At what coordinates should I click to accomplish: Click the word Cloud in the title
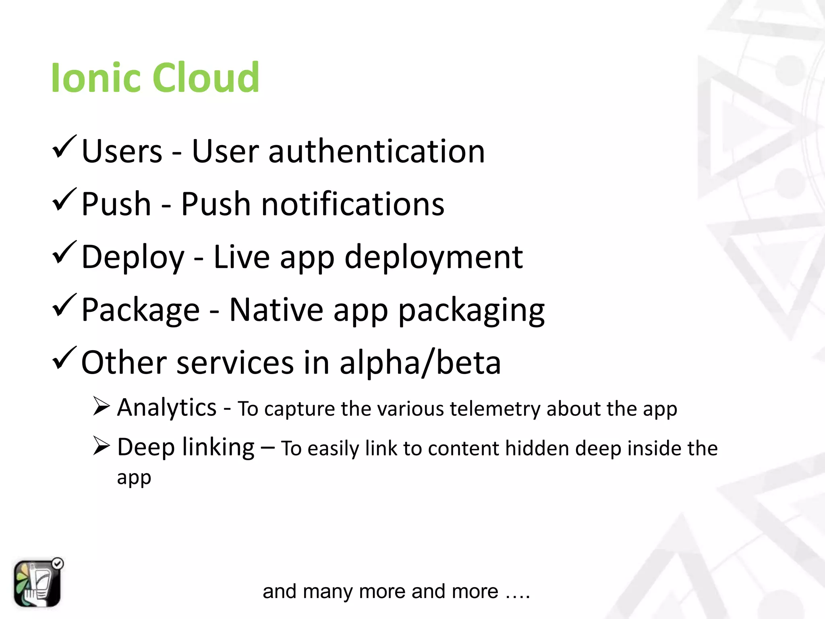pyautogui.click(x=206, y=77)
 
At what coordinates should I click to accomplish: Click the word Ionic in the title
pyautogui.click(x=96, y=77)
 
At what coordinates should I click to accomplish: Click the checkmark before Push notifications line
pyautogui.click(x=64, y=200)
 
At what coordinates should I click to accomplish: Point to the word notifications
pyautogui.click(x=352, y=204)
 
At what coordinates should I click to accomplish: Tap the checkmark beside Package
pyautogui.click(x=64, y=306)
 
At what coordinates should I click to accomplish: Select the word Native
pyautogui.click(x=276, y=310)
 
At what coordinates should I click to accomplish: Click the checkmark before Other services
pyautogui.click(x=64, y=359)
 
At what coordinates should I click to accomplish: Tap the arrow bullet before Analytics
pyautogui.click(x=101, y=406)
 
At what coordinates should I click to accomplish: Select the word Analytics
pyautogui.click(x=167, y=408)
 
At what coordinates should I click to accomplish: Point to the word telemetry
pyautogui.click(x=495, y=409)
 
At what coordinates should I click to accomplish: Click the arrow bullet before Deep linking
pyautogui.click(x=101, y=446)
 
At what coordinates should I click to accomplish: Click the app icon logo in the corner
pyautogui.click(x=37, y=583)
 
